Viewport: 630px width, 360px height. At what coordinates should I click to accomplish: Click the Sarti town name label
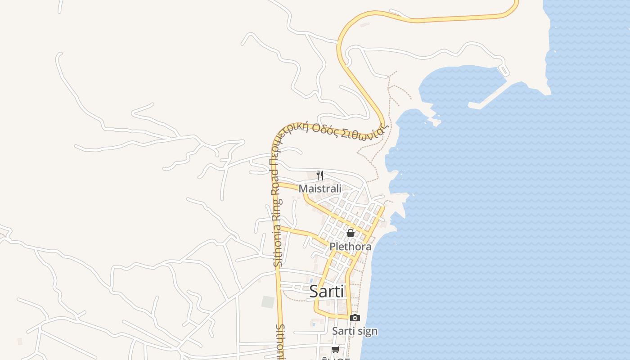tap(327, 292)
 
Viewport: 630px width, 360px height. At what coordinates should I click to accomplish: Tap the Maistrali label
tap(320, 189)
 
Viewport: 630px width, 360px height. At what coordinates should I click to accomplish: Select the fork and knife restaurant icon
tap(320, 175)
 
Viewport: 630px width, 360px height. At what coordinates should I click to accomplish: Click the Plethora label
tap(351, 247)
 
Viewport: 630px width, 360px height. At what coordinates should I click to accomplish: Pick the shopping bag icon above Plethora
tap(351, 233)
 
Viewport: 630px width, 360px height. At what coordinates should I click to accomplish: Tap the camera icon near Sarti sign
tap(355, 318)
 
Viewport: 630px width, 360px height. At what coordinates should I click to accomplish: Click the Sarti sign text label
tap(355, 331)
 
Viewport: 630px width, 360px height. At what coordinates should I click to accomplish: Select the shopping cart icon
tap(335, 349)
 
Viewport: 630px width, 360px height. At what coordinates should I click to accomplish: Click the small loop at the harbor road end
tap(504, 70)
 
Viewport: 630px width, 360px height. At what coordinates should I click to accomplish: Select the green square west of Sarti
tap(268, 302)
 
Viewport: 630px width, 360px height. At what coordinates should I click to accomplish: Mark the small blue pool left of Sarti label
tap(310, 280)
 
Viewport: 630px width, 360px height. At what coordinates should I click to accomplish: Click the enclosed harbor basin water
tap(459, 85)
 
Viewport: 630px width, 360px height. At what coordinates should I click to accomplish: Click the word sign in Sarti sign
tap(366, 332)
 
